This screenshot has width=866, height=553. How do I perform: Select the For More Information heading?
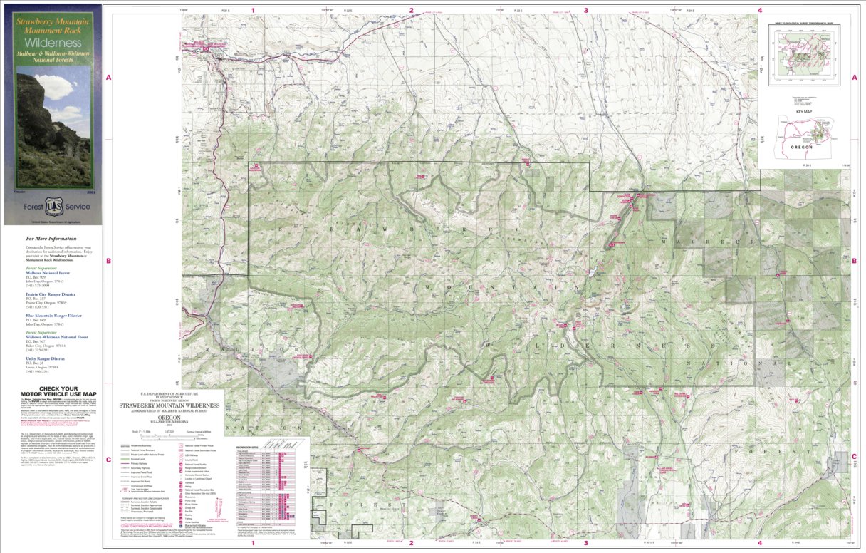[x=51, y=239]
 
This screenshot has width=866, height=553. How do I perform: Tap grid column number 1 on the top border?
[x=254, y=10]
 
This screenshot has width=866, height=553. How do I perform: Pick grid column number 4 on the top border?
[x=760, y=10]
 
